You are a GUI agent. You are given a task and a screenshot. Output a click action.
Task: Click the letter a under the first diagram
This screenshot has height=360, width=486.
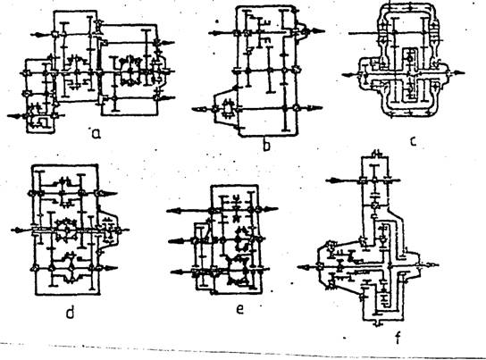(x=96, y=133)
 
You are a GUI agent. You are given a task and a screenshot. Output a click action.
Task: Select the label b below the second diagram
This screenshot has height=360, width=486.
(x=266, y=145)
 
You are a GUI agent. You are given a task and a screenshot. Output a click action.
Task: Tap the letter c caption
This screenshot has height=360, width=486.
(x=413, y=141)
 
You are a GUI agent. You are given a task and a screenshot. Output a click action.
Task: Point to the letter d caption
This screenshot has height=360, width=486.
(x=71, y=313)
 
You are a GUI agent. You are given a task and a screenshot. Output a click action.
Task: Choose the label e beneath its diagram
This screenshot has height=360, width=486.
(x=239, y=309)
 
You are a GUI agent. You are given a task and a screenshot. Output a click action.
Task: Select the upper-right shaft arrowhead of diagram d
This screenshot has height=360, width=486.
(x=109, y=194)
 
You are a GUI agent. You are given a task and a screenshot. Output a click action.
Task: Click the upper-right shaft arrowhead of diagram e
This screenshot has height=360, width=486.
(x=271, y=209)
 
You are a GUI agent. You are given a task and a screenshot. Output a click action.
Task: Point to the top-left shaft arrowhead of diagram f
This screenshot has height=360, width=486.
(x=331, y=180)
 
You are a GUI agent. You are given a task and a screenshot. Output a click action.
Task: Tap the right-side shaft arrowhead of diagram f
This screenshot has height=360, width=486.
(x=432, y=264)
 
